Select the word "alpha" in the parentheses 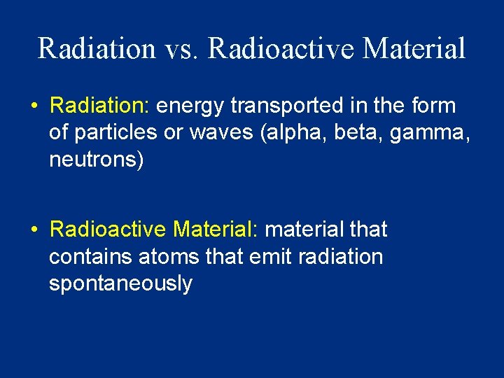(x=290, y=133)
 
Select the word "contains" (x=90, y=256)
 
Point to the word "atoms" (x=169, y=256)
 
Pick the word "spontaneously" (x=120, y=283)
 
